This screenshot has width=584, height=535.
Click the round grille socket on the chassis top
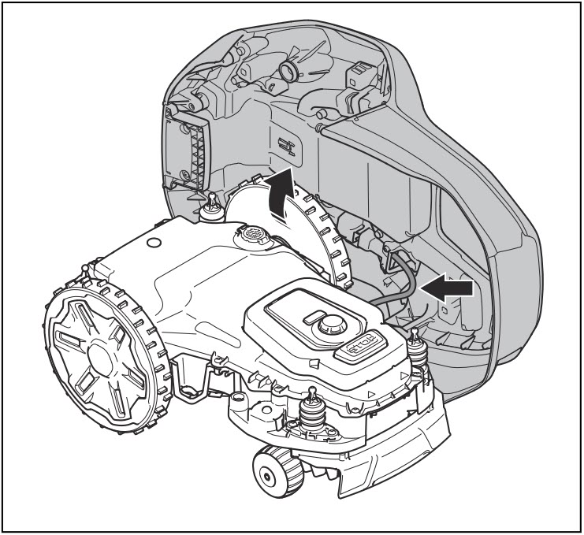point(253,234)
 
